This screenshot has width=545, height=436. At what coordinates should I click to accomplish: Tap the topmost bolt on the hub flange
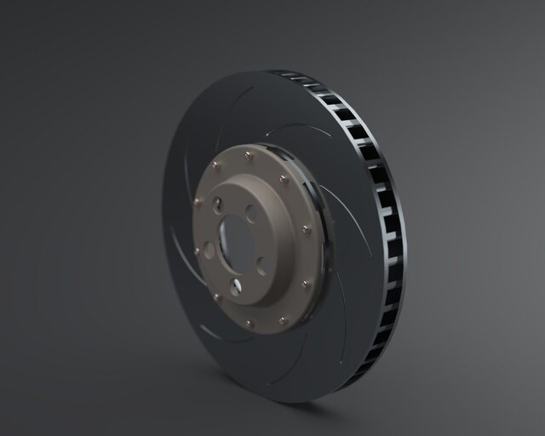coord(248,155)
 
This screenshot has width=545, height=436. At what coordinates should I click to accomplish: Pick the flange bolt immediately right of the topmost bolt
coord(283,179)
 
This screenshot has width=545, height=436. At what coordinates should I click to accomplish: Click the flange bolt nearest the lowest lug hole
coord(249,323)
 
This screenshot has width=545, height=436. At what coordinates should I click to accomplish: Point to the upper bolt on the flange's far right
coord(306,228)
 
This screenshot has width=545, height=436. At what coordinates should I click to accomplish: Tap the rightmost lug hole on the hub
coord(261,265)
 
